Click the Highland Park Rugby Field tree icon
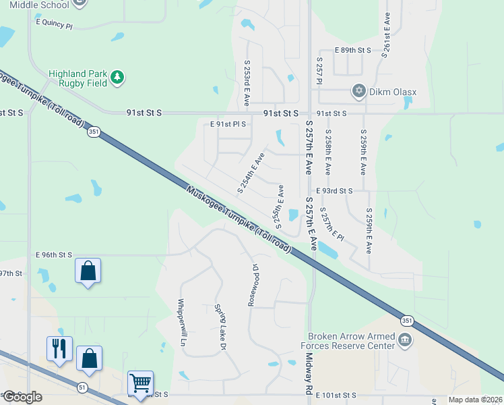118,78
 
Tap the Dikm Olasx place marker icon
358,90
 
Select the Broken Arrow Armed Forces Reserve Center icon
406,340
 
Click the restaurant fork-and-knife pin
59,348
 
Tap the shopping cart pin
141,383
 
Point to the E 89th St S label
353,51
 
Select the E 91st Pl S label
228,124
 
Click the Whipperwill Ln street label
182,327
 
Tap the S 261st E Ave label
386,36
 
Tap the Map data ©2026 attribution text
475,400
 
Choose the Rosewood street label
253,284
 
